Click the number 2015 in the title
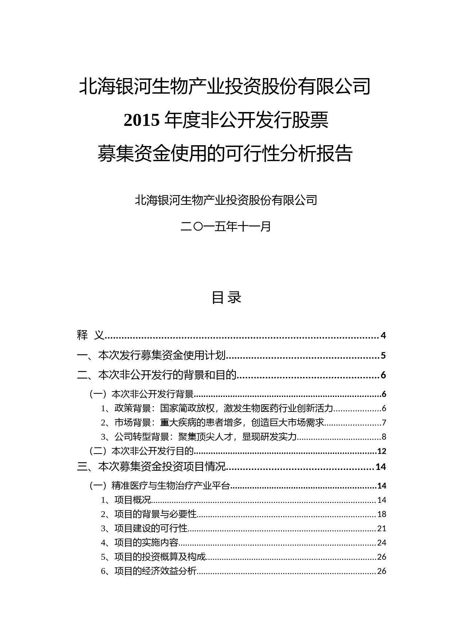tap(142, 121)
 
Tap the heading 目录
tap(226, 297)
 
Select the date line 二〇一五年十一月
tap(226, 227)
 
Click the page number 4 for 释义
tap(383, 335)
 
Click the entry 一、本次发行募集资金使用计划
tap(152, 355)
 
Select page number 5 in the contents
tap(383, 355)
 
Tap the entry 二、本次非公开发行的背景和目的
tap(157, 375)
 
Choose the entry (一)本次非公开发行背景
tap(142, 394)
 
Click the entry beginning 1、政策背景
tap(217, 408)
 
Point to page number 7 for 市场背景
tap(384, 423)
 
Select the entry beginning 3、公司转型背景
tap(199, 437)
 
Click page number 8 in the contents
tap(384, 437)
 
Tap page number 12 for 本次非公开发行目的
tap(382, 451)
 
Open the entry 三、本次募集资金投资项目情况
tap(152, 467)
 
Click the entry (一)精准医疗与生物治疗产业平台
tap(160, 486)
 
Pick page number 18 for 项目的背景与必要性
tap(382, 514)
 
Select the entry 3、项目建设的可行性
tap(144, 528)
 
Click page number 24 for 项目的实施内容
tap(382, 543)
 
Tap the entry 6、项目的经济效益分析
tap(149, 571)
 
